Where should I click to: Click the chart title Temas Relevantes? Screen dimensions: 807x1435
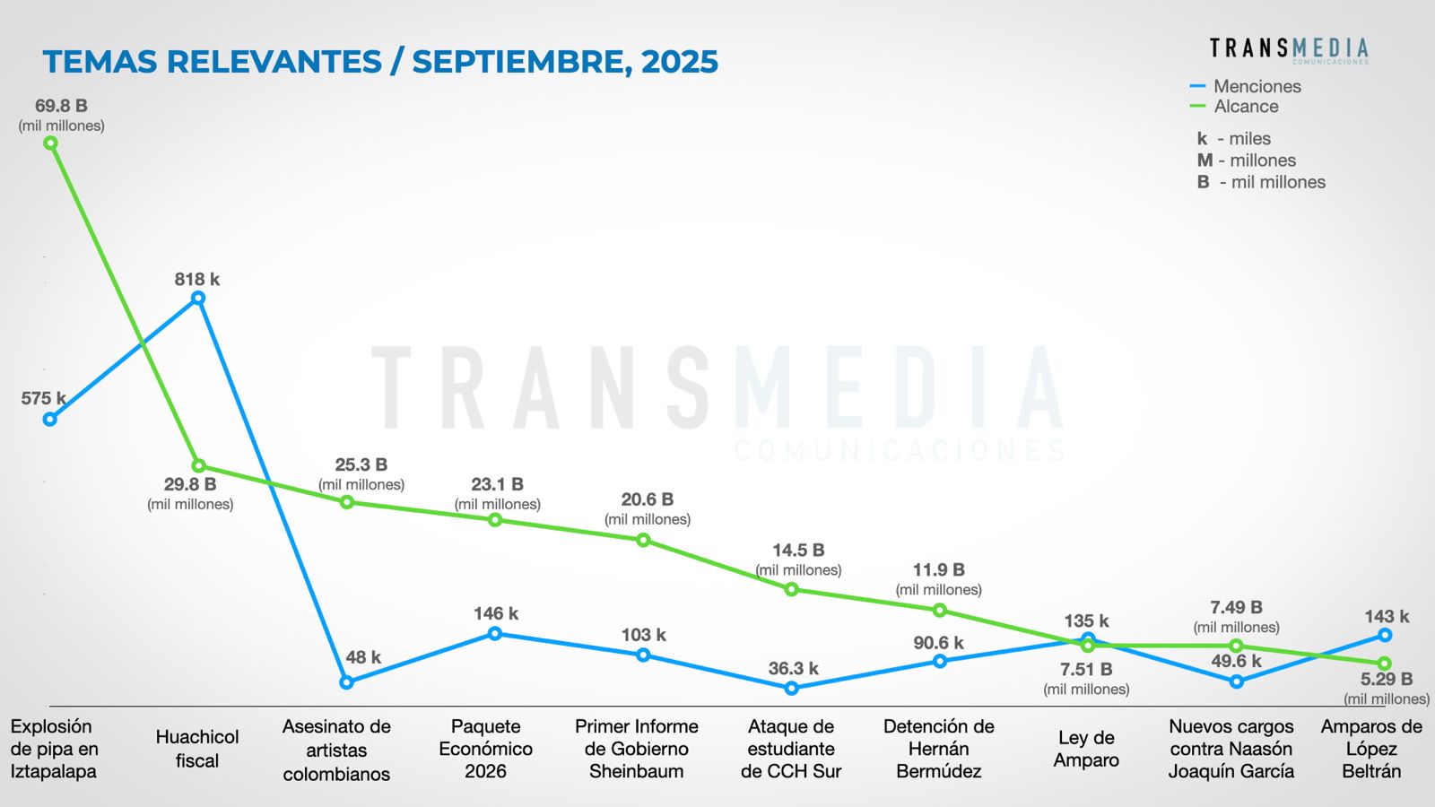coord(380,62)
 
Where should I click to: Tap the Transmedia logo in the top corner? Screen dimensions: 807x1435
coord(1288,49)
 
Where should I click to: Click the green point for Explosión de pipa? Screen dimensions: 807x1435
coord(51,143)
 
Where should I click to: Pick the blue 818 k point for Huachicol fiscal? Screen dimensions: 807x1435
coord(198,299)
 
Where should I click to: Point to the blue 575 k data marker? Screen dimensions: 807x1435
coord(50,419)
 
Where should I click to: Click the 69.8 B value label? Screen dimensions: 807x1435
coord(61,106)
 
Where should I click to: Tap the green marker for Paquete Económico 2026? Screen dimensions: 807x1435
coord(495,520)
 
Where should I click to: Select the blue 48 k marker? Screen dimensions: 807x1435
coord(347,682)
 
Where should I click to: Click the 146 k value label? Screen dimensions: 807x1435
coord(496,613)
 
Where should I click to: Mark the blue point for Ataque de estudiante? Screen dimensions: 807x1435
coord(791,689)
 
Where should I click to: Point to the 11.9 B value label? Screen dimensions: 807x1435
coord(938,570)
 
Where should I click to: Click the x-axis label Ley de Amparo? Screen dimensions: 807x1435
coord(1086,749)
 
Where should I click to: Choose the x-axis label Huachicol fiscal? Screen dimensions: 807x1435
coord(197,749)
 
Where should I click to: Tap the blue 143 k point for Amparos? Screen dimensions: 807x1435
coord(1385,635)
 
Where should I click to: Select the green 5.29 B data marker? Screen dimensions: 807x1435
coord(1385,664)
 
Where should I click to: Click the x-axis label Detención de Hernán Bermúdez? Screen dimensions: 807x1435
coord(939,749)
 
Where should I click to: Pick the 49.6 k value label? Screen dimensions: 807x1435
coord(1236,661)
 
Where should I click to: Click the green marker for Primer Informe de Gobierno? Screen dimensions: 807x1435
coord(643,540)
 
